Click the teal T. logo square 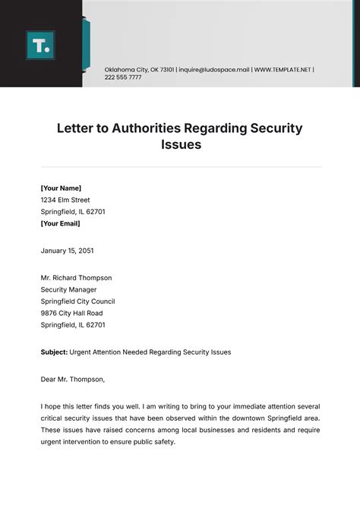40,45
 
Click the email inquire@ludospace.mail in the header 214,69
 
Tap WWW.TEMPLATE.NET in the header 283,69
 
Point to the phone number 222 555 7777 122,77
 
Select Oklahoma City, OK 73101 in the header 139,69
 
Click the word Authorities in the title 159,128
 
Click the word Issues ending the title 180,144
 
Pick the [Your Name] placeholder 61,188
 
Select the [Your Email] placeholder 60,223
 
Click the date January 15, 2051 67,250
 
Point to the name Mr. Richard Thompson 76,278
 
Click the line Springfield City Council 77,301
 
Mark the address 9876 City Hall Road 71,313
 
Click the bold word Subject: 53,352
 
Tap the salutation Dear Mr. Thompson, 73,379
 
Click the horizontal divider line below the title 180,166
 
